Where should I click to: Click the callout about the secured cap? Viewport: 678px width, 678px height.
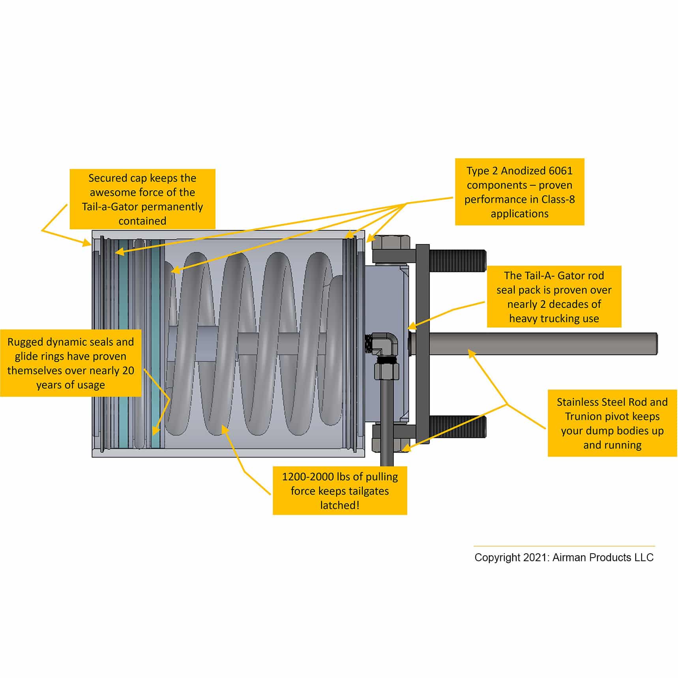(142, 199)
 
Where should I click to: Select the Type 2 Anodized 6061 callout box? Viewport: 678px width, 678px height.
(519, 192)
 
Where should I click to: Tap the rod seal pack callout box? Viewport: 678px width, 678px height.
(554, 296)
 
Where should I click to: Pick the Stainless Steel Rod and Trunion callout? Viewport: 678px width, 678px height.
(612, 423)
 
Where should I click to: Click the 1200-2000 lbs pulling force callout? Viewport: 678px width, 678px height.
(340, 491)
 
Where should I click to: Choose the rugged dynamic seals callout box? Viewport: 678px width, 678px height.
(71, 363)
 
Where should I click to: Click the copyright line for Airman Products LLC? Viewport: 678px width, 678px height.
(564, 557)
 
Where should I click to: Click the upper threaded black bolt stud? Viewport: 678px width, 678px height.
(458, 260)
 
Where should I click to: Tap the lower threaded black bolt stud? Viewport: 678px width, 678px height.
(458, 427)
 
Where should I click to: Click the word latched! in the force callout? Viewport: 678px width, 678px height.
(340, 505)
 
